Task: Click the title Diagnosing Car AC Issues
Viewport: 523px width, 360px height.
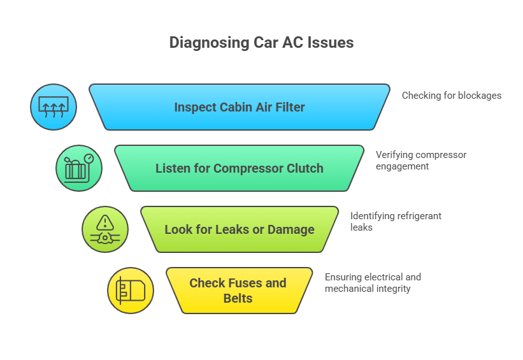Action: (x=261, y=43)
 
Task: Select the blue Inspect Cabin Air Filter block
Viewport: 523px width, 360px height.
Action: (x=240, y=107)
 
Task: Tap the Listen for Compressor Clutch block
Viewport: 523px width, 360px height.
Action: (x=240, y=168)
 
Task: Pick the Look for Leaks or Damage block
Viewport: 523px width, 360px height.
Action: (x=240, y=229)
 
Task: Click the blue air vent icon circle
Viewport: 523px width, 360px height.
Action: (x=54, y=107)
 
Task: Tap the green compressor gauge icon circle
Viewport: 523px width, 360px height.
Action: (x=79, y=168)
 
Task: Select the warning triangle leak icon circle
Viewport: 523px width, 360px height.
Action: (x=105, y=229)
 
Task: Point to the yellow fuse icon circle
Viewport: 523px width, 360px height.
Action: (x=131, y=291)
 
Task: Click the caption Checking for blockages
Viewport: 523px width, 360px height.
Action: (x=452, y=96)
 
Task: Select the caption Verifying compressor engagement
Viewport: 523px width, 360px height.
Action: (x=421, y=161)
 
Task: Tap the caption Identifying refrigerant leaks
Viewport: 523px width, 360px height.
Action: (x=396, y=221)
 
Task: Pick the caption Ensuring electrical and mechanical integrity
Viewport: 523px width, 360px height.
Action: (x=373, y=283)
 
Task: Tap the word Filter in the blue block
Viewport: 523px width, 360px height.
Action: (x=289, y=107)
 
